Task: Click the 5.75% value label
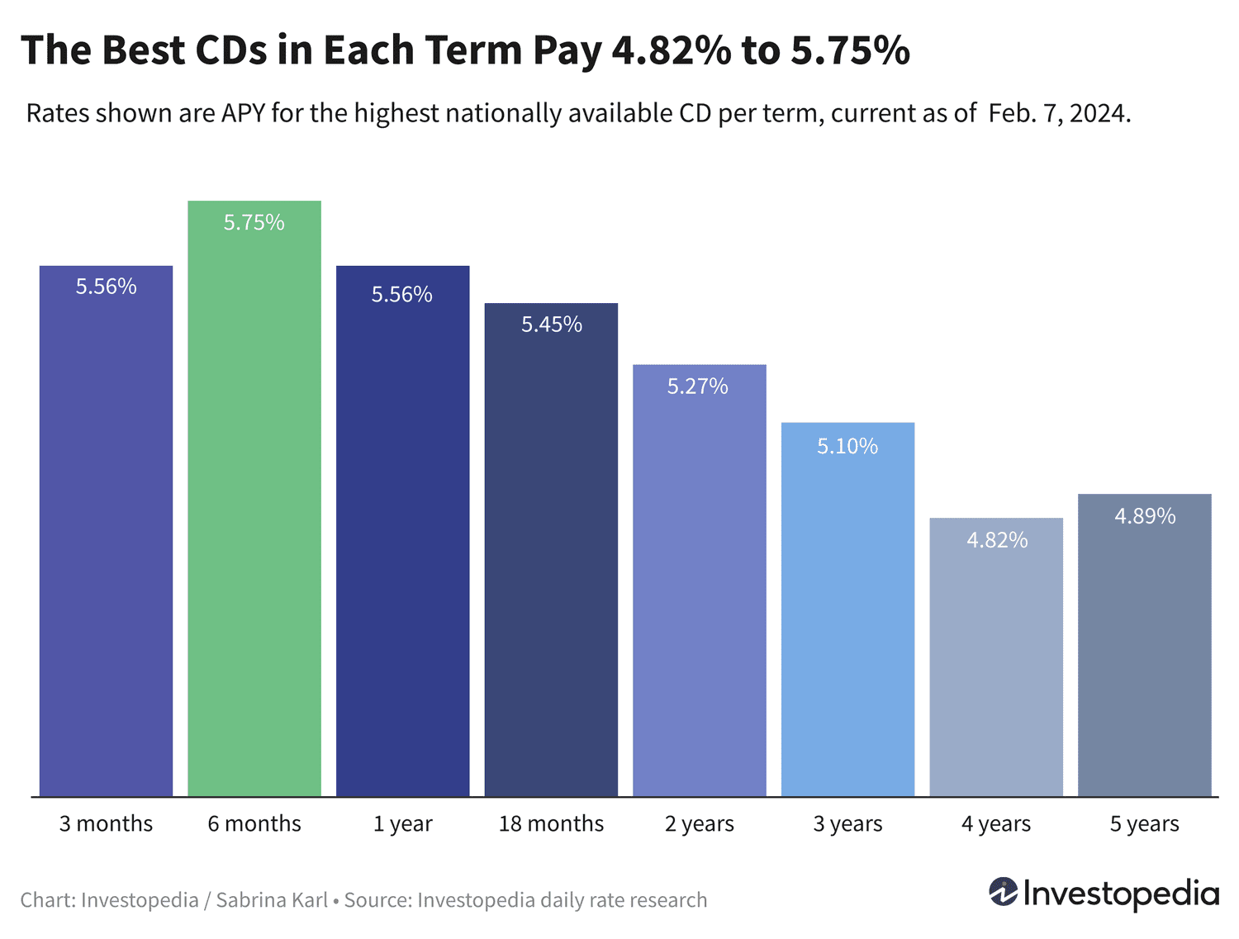254,222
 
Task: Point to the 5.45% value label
552,325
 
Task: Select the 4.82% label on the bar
997,540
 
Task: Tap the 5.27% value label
698,387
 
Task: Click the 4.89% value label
1145,516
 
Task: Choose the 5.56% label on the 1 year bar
402,295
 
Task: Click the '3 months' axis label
106,823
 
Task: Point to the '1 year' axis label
402,823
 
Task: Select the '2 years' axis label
699,823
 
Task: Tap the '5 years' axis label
1144,823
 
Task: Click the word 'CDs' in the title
231,51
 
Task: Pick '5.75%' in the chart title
850,51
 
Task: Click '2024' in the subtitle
1098,113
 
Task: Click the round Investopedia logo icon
1003,892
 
